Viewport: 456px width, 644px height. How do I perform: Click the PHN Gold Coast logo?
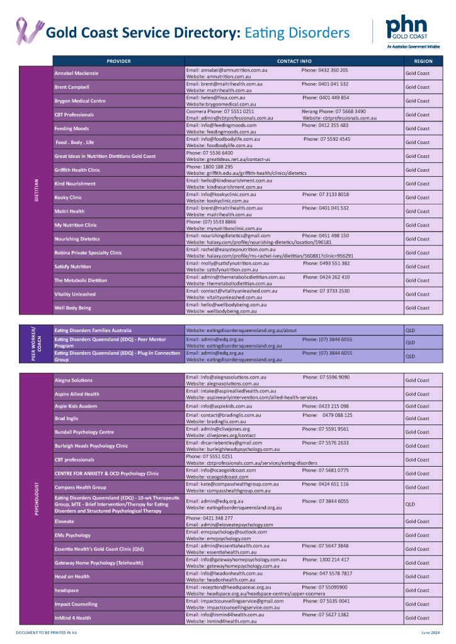coord(407,31)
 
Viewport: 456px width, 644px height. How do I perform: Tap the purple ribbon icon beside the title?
coord(29,31)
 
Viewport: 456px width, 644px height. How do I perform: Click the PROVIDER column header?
coord(118,61)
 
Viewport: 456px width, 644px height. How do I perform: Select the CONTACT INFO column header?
coord(294,61)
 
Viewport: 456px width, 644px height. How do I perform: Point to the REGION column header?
coord(423,61)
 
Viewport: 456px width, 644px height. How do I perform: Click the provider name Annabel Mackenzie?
coord(76,73)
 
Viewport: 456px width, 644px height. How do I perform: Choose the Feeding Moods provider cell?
coord(72,128)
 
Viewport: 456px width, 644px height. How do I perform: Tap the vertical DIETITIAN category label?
coord(37,191)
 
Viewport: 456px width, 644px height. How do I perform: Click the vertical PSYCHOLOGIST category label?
coord(37,499)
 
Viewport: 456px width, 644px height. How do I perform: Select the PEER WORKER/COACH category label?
coord(37,343)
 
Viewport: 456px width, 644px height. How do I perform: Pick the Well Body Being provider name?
coord(72,308)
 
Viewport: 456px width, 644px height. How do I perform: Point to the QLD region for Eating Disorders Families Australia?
coord(409,330)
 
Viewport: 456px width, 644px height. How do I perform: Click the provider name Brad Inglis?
coord(66,418)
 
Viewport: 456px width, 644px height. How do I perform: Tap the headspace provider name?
coord(66,591)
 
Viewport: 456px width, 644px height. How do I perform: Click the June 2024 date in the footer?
coord(430,631)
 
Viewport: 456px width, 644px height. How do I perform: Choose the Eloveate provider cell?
coord(64,521)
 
